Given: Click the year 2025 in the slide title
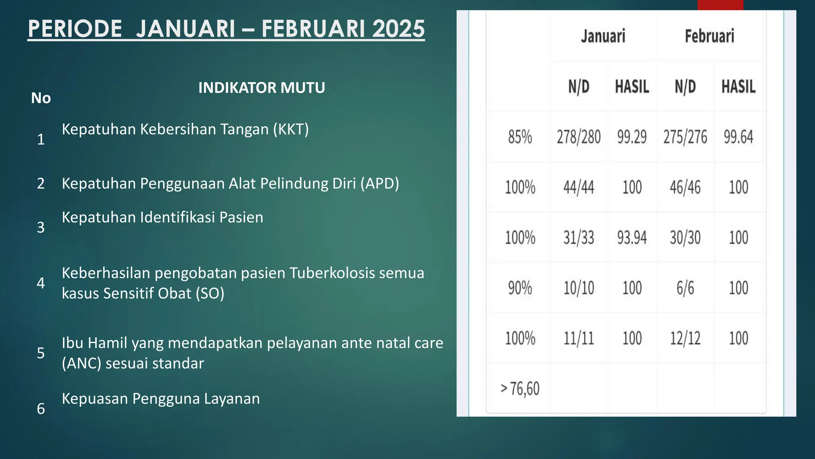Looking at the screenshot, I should [x=398, y=29].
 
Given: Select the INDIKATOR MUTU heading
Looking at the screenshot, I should [x=261, y=88].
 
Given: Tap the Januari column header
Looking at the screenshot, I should [x=603, y=36].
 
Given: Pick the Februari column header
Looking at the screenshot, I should [x=709, y=36].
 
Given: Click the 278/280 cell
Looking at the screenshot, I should [x=578, y=137].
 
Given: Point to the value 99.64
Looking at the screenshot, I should [x=738, y=137].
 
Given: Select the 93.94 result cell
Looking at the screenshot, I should [x=632, y=238].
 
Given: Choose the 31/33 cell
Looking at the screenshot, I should [x=578, y=238].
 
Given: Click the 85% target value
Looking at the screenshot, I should [x=520, y=137].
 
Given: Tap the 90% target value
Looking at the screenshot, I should [x=520, y=288].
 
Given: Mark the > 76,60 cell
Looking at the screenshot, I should [x=520, y=388].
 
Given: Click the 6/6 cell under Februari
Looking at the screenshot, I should [x=685, y=288].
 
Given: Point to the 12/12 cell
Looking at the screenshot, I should [x=685, y=338].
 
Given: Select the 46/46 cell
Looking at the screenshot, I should [x=685, y=187].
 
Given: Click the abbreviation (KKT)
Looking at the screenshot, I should [x=291, y=129].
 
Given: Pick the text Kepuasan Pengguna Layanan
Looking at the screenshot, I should [x=161, y=399].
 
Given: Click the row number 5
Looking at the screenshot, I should [x=41, y=353].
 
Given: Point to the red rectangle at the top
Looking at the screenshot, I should [x=720, y=5].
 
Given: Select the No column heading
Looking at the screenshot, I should [x=41, y=98].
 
